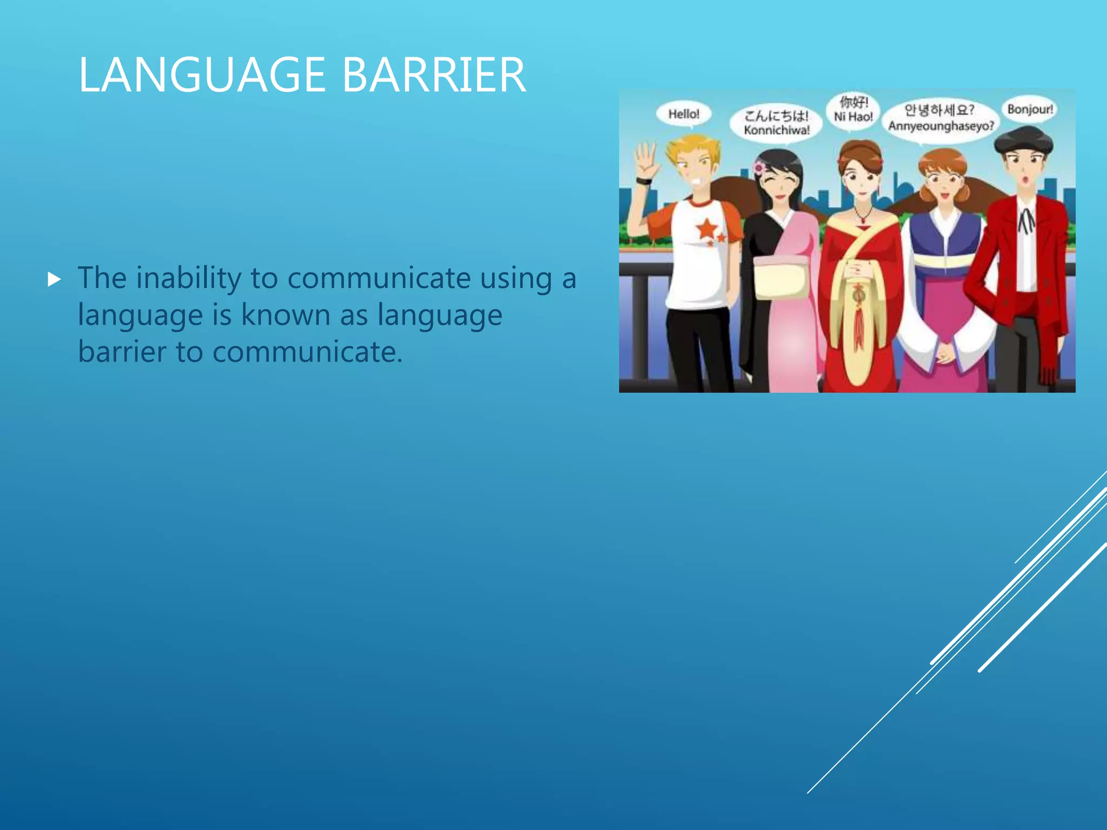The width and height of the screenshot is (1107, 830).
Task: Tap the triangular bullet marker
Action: pyautogui.click(x=54, y=279)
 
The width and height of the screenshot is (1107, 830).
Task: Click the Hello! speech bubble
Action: pyautogui.click(x=683, y=114)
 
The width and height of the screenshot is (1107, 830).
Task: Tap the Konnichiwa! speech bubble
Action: pyautogui.click(x=776, y=123)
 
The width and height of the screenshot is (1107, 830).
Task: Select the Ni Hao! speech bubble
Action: pyautogui.click(x=853, y=110)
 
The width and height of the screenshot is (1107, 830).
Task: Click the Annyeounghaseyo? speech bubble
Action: pyautogui.click(x=941, y=118)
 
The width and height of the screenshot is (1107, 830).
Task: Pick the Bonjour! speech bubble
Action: pyautogui.click(x=1030, y=110)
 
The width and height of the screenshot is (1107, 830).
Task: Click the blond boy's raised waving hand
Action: pyautogui.click(x=646, y=159)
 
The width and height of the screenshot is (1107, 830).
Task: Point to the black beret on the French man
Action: pyautogui.click(x=1023, y=139)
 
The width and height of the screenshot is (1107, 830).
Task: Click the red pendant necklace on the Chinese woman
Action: pyautogui.click(x=863, y=219)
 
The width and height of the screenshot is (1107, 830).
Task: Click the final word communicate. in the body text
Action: pyautogui.click(x=307, y=352)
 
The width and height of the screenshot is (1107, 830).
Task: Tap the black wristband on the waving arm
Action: pyautogui.click(x=644, y=181)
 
